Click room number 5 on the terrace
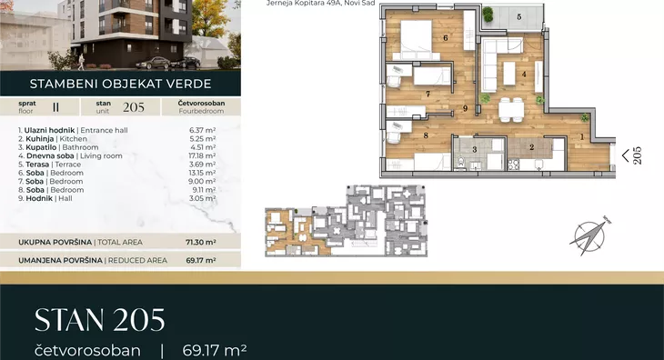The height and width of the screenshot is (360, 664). tap(518, 17)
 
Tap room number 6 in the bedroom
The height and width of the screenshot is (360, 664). tap(446, 37)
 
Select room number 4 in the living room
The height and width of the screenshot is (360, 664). tap(524, 75)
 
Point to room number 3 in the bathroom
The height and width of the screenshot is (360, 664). tap(474, 149)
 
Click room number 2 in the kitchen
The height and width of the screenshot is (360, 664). tap(531, 147)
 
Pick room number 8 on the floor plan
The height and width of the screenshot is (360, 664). tap(426, 135)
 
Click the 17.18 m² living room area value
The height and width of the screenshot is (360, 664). tap(202, 155)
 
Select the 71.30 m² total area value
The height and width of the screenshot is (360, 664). tap(201, 243)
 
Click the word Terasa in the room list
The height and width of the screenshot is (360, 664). tap(37, 165)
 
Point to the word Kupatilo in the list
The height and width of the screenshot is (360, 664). tap(41, 147)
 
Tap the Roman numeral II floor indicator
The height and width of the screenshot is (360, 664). tap(55, 107)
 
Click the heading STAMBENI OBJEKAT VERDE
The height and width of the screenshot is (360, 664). tap(120, 84)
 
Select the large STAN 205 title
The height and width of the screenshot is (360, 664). tap(100, 320)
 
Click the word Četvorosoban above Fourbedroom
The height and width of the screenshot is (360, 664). tap(201, 104)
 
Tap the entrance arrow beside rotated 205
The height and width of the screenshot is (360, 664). tap(626, 155)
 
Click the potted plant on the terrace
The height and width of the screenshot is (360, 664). tap(488, 15)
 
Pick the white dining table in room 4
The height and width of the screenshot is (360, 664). tap(511, 110)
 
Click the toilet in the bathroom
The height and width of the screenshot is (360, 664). tap(461, 162)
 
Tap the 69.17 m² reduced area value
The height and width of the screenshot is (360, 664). tap(201, 261)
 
